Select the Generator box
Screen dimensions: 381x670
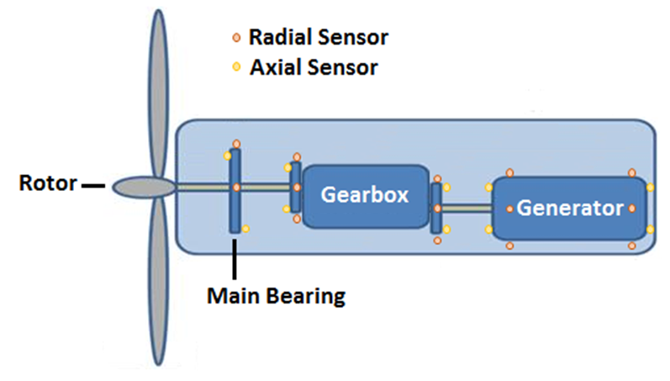[569, 207]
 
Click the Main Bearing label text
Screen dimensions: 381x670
[277, 296]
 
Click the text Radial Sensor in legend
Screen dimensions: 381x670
[318, 38]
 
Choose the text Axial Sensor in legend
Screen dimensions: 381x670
[314, 66]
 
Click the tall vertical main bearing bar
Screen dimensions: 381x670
[235, 189]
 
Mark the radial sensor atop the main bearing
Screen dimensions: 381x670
[236, 144]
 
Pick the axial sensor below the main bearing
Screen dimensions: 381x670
[245, 229]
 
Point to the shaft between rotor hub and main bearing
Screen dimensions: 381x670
[202, 186]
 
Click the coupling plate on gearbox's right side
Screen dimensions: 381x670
[435, 209]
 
